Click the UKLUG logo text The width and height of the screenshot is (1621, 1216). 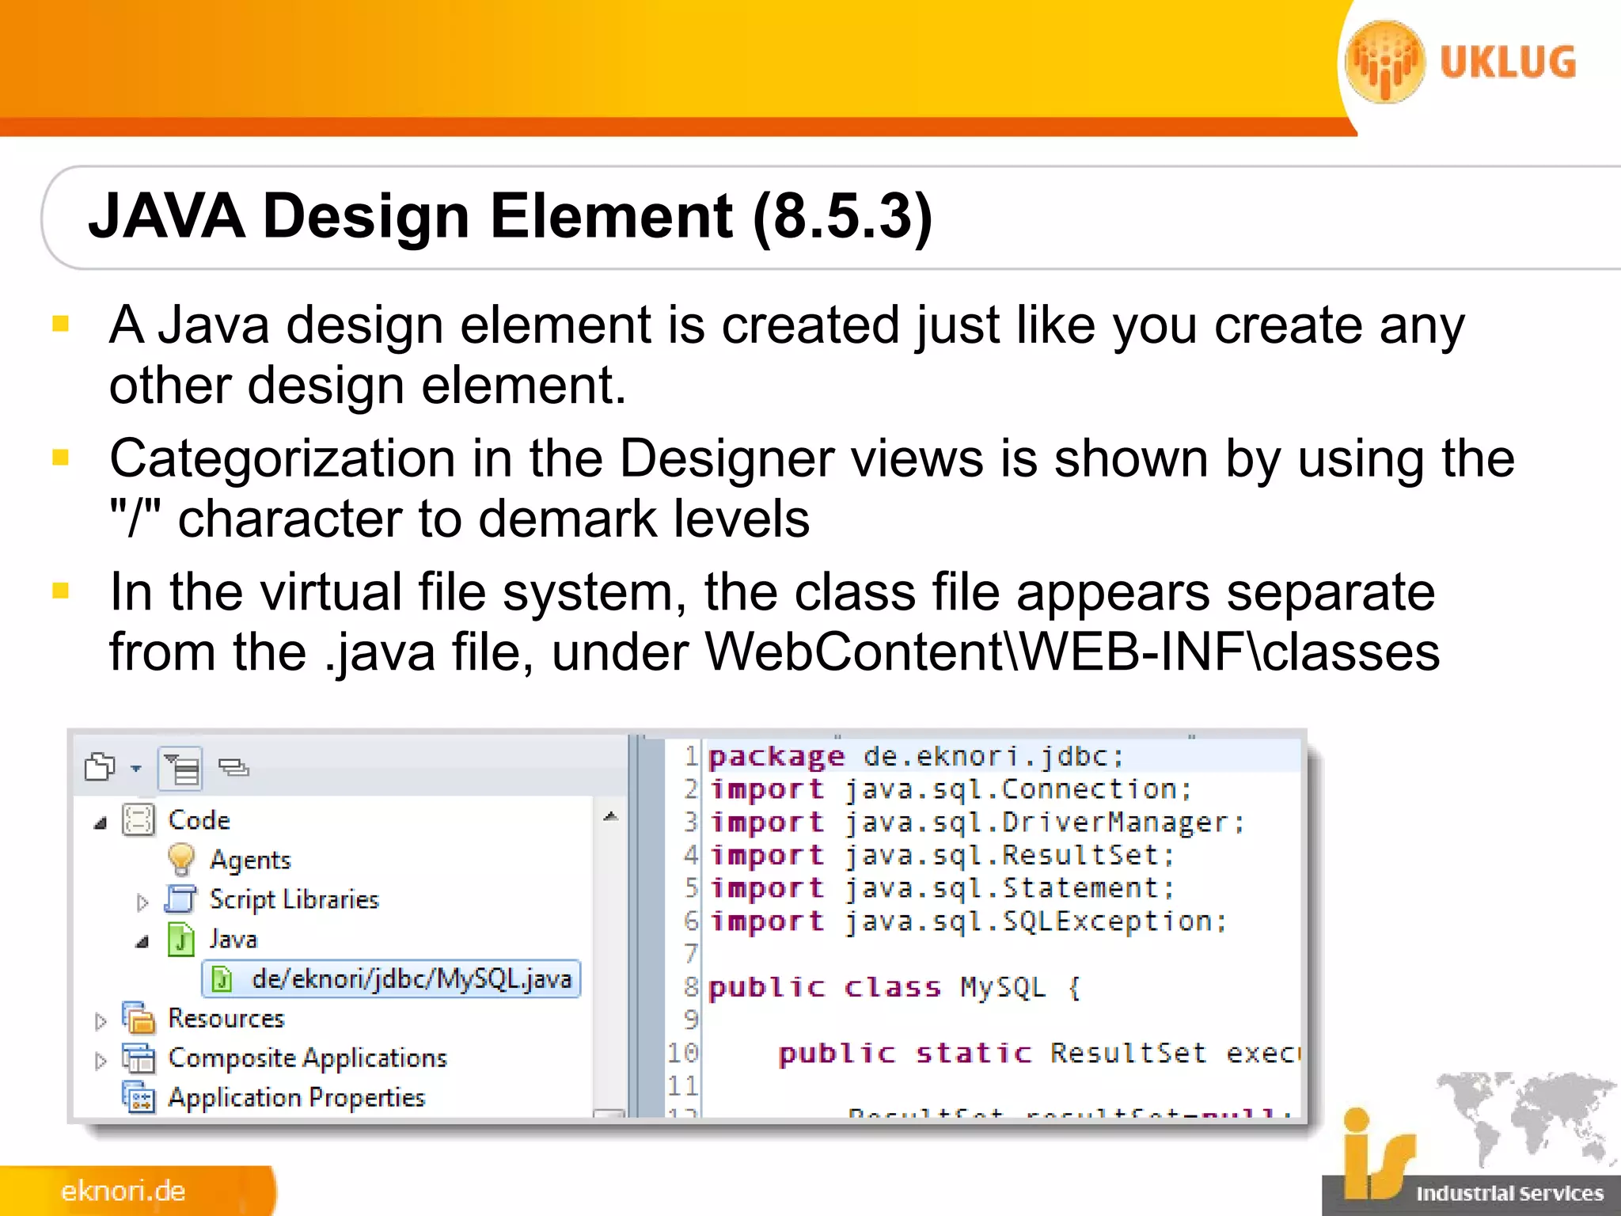1508,63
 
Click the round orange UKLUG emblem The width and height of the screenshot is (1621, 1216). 1385,62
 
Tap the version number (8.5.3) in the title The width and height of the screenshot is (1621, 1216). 844,216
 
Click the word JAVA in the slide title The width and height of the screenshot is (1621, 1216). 167,216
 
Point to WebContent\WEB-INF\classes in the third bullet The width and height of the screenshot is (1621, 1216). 1072,652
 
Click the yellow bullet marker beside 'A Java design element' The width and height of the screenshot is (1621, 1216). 61,324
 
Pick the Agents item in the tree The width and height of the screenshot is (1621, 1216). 250,860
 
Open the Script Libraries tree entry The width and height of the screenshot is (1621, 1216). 294,899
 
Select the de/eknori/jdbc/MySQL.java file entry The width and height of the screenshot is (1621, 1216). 411,979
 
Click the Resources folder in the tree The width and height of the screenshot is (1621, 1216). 226,1018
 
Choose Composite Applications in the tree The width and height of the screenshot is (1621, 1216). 307,1058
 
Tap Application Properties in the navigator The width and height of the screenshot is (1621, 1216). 296,1097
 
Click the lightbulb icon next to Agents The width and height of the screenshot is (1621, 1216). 181,859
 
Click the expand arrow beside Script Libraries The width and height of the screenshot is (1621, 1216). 142,902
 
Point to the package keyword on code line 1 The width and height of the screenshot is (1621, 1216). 776,757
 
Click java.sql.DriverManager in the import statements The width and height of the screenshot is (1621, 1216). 1043,823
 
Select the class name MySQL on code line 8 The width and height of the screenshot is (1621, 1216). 1003,987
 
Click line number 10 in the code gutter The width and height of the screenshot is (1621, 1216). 682,1053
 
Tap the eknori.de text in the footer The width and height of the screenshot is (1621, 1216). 123,1191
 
